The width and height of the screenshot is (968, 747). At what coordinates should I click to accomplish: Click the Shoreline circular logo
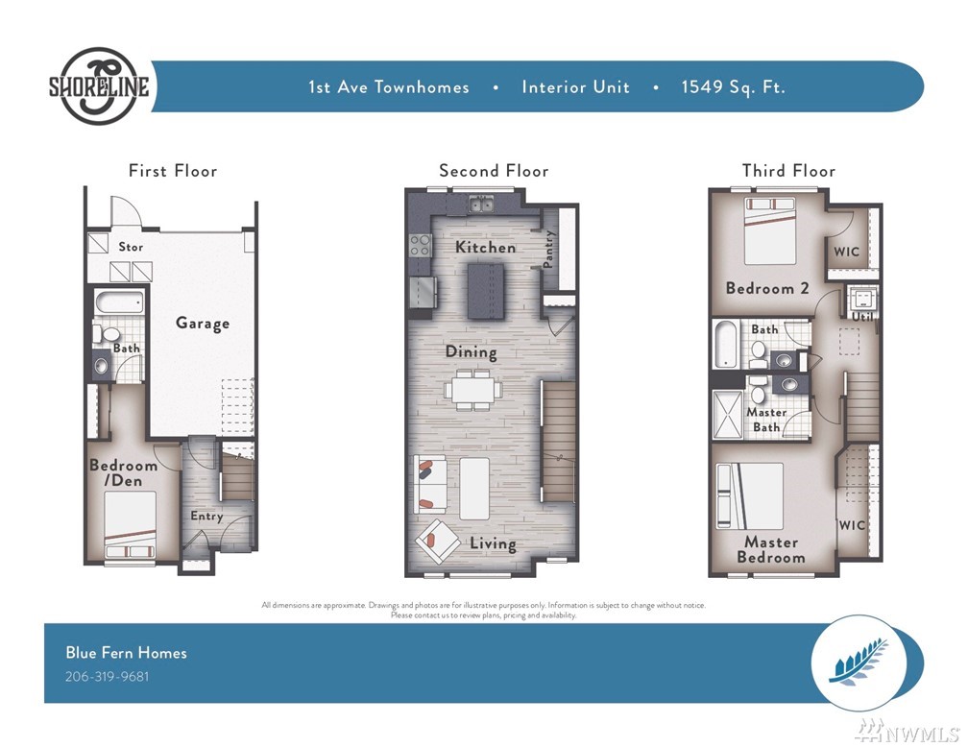coord(99,85)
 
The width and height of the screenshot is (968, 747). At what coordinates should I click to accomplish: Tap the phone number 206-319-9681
coord(107,676)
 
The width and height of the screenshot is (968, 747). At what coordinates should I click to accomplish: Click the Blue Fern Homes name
coord(126,653)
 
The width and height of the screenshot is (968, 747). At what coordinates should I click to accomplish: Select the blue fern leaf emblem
coord(860,663)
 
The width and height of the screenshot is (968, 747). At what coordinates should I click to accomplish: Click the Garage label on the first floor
coord(203,323)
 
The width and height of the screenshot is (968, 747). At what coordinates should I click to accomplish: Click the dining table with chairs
coord(472,390)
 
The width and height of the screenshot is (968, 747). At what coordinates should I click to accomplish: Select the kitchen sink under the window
coord(480,204)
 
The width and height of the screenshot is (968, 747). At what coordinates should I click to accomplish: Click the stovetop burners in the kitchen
coord(421,245)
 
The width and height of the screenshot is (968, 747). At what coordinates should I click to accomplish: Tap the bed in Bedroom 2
coord(770,230)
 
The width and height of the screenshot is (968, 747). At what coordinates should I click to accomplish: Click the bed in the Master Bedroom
coord(749,495)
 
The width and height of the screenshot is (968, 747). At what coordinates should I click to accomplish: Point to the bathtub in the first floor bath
coord(120,302)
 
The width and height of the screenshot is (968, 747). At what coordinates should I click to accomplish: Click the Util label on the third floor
coord(863,316)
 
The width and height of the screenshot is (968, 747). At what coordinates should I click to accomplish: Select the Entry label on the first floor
coord(206,517)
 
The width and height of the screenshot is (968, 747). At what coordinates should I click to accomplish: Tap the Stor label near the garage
coord(131,247)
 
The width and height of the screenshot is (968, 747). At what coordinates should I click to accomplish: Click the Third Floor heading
coord(788,170)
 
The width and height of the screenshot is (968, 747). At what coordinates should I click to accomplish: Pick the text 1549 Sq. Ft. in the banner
coord(734,87)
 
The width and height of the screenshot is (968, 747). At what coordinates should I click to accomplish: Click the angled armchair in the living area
coord(437,542)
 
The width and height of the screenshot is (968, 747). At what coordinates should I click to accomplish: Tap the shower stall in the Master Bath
coord(727,414)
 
